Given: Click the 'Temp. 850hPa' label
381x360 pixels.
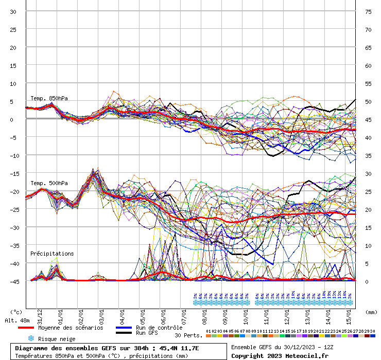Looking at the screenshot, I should click(49, 98).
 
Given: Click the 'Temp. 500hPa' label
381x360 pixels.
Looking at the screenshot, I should click(49, 183).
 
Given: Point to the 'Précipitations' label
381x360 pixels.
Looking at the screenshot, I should click(51, 254).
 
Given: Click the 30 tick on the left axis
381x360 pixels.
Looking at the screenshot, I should click(13, 12).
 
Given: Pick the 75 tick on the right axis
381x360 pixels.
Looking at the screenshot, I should click(368, 12).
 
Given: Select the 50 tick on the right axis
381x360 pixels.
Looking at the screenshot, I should click(368, 102).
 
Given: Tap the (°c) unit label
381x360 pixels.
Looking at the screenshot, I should click(16, 312).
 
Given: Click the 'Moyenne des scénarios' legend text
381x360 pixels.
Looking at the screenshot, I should click(71, 328).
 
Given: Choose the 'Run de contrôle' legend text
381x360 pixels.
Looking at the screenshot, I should click(159, 328).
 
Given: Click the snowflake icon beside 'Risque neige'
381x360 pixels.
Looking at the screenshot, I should click(30, 338).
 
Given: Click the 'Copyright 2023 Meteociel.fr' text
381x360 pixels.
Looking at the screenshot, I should click(280, 355).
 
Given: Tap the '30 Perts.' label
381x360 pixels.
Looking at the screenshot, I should click(187, 335).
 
